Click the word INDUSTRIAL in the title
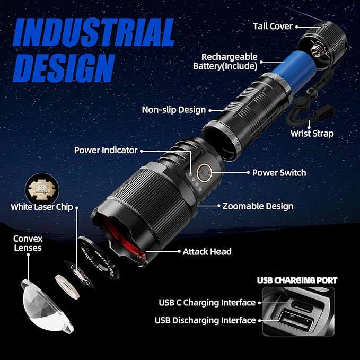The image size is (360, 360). pos(93,32)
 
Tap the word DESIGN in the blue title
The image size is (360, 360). pos(64,68)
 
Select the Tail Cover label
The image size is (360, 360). pos(273,27)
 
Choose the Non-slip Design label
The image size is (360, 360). pos(174,110)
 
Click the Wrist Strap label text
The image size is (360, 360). pos(312,134)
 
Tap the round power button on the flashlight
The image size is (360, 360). pos(204,173)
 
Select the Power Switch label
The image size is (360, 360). pos(279,173)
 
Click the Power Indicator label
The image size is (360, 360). pos(106,151)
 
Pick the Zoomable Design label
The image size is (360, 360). pos(258,206)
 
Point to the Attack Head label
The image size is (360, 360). pos(207,252)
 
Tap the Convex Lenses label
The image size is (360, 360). pos(28,243)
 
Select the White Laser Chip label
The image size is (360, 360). pos(41,207)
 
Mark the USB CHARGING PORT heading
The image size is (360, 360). pos(297,280)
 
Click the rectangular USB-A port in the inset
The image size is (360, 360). pos(296,320)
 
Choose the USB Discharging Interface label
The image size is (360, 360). pos(205,321)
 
